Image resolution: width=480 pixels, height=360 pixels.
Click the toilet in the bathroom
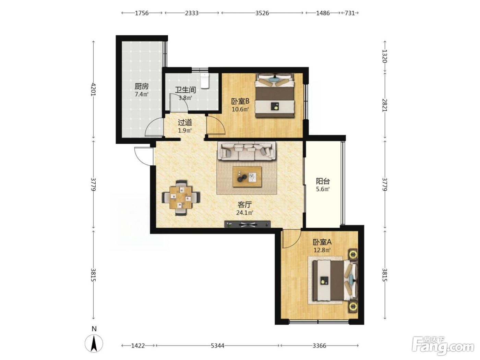(x=205, y=81)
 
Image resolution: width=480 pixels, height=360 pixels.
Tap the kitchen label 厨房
(x=142, y=86)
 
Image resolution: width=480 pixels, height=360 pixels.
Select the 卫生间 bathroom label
(x=185, y=90)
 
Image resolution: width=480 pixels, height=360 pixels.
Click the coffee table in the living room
(x=247, y=177)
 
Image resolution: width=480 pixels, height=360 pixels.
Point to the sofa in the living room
(x=247, y=151)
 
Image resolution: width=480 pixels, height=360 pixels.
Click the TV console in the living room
(x=247, y=224)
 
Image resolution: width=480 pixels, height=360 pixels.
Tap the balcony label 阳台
(x=323, y=181)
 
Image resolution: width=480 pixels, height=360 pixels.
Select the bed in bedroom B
(x=275, y=95)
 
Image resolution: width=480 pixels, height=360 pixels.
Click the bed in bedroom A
(x=335, y=280)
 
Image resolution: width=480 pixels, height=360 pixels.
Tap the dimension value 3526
(x=262, y=13)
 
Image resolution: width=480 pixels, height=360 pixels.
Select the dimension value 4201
(x=94, y=89)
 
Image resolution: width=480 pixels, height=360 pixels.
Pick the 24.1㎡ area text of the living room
(x=245, y=213)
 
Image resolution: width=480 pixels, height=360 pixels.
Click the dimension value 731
(x=350, y=13)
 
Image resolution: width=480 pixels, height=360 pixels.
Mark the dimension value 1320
(x=385, y=56)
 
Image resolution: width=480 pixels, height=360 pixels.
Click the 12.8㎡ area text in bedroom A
(x=322, y=250)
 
